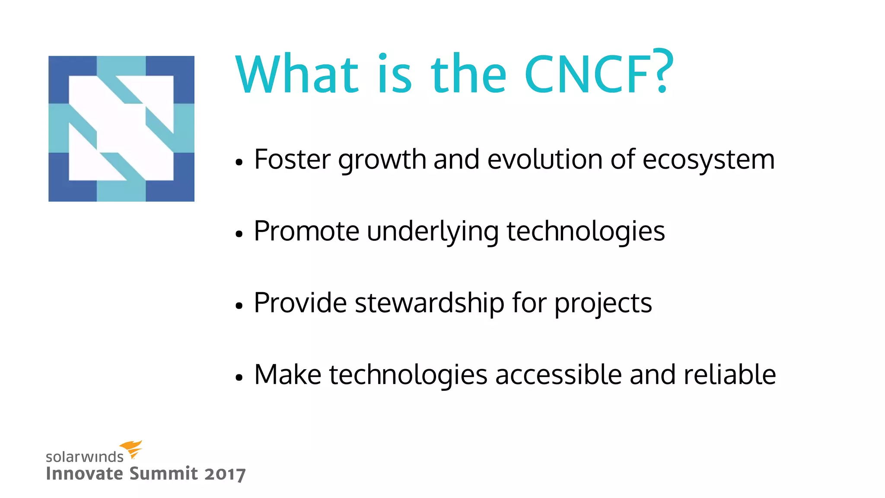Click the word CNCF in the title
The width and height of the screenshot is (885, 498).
tap(587, 74)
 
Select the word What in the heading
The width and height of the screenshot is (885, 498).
tap(297, 74)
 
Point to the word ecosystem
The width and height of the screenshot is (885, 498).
tap(709, 160)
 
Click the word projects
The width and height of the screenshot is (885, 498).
tap(603, 303)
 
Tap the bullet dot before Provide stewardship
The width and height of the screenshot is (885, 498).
tap(239, 306)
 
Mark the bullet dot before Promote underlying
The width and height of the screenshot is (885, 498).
tap(239, 234)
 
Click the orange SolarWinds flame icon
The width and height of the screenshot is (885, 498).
tap(131, 449)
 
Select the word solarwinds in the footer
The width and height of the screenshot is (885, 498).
tap(85, 457)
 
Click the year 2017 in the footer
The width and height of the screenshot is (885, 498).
tap(225, 474)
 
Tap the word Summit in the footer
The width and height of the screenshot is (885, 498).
tap(164, 473)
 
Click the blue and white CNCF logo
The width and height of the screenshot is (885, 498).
tap(121, 129)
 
